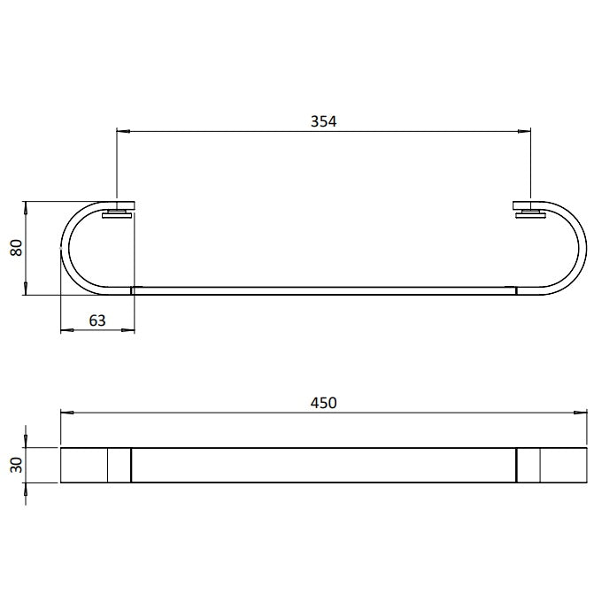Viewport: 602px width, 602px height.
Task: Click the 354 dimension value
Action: (323, 121)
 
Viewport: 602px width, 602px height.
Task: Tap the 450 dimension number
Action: (323, 403)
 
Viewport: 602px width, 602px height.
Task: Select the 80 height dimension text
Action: (17, 248)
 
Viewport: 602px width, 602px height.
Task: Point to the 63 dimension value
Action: (97, 320)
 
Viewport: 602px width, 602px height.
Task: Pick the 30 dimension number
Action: (17, 465)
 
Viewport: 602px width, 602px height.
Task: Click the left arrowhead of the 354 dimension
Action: (123, 131)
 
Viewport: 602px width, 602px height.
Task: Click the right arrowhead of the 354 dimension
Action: (524, 131)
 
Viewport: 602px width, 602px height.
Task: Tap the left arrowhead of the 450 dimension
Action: (67, 413)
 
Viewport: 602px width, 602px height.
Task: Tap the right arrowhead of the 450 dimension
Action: (580, 413)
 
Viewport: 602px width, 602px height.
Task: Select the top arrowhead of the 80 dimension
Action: (26, 208)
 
